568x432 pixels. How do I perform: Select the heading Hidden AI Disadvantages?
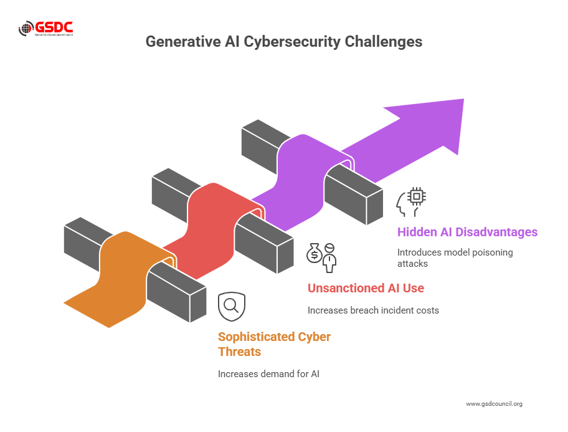467,232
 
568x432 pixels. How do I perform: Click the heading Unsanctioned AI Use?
366,288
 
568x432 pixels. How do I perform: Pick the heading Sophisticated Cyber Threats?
274,344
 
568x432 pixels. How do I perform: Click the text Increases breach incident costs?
373,310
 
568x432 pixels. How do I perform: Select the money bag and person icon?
321,256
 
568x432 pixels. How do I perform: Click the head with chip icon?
411,201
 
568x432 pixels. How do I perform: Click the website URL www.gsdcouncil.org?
494,404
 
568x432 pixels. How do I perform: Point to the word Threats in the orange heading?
239,352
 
